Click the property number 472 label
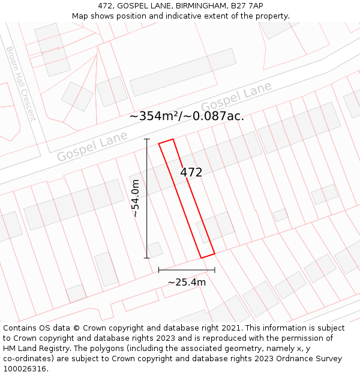tap(191, 172)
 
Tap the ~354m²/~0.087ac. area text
tap(187, 116)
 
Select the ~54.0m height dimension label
tap(136, 198)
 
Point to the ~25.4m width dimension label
tap(187, 282)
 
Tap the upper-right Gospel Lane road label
tap(236, 97)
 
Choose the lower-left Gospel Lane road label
tap(92, 146)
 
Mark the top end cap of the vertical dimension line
tap(147, 139)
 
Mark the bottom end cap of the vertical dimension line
tap(147, 258)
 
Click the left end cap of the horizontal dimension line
tap(159, 270)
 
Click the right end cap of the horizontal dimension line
tap(214, 270)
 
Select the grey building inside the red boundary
tap(215, 227)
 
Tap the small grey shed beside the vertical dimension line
tap(155, 250)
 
